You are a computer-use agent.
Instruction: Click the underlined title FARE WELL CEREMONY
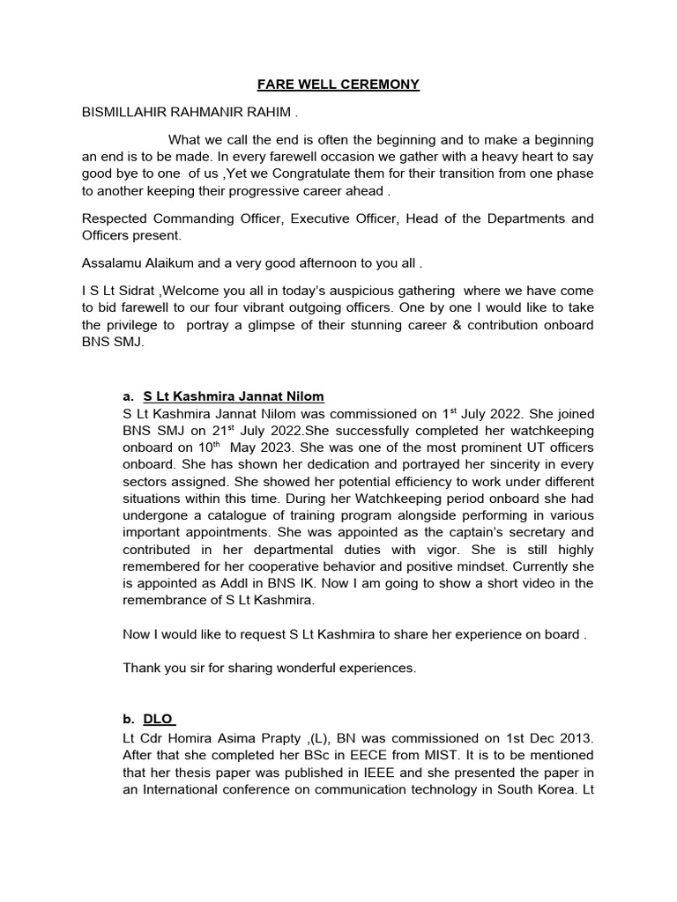pos(338,85)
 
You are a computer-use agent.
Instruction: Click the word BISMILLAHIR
pos(130,113)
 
